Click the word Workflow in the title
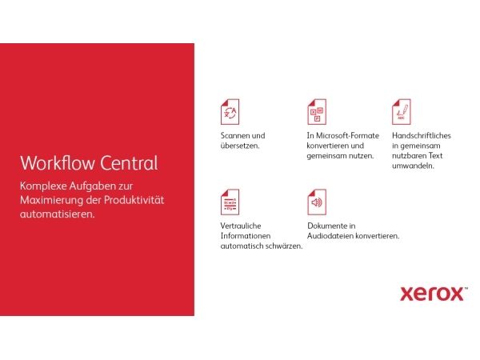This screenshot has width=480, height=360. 58,163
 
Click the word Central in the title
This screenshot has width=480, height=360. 129,163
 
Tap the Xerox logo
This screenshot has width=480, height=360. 434,294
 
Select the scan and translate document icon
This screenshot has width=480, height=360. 230,112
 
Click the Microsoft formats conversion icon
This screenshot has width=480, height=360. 317,112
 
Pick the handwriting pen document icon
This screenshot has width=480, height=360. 402,112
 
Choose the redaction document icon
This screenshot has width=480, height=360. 230,202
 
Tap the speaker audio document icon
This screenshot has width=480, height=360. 317,202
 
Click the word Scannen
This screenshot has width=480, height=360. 235,136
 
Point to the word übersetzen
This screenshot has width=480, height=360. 240,146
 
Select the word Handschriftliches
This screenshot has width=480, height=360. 422,136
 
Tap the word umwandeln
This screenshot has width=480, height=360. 413,166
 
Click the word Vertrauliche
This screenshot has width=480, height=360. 241,226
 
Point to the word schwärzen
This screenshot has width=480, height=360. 284,246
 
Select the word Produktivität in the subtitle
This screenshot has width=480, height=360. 134,200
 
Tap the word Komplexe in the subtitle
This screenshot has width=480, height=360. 43,186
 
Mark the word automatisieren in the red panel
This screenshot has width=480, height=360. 58,214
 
